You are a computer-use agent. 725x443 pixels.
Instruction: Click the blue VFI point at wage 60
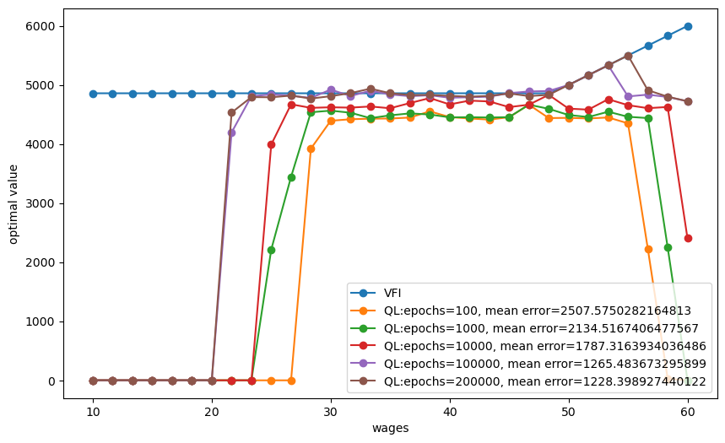[x=688, y=26]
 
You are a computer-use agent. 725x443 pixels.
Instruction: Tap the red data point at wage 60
[x=688, y=238]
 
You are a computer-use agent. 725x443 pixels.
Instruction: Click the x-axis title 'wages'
[x=390, y=429]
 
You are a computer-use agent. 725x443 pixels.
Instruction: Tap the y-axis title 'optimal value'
[x=14, y=204]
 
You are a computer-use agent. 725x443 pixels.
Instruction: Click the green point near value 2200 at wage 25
[x=271, y=250]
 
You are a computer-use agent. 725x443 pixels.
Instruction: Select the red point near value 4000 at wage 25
[x=271, y=144]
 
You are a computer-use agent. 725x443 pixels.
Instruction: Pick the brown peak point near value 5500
[x=628, y=56]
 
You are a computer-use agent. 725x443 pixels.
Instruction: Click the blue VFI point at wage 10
[x=93, y=94]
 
